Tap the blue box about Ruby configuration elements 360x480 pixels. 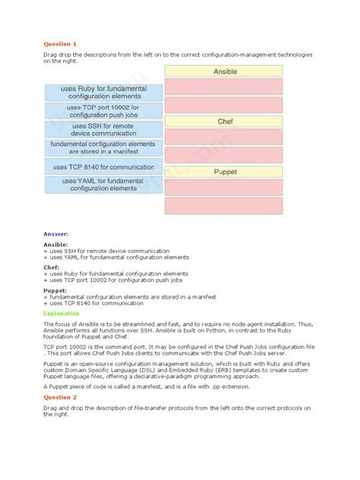(102, 93)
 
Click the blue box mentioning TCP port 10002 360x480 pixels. (102, 111)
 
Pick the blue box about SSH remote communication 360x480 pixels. (102, 130)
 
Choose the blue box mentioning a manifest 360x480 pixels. (102, 148)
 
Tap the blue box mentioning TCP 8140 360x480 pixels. (102, 166)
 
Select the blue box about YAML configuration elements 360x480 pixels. (102, 185)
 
